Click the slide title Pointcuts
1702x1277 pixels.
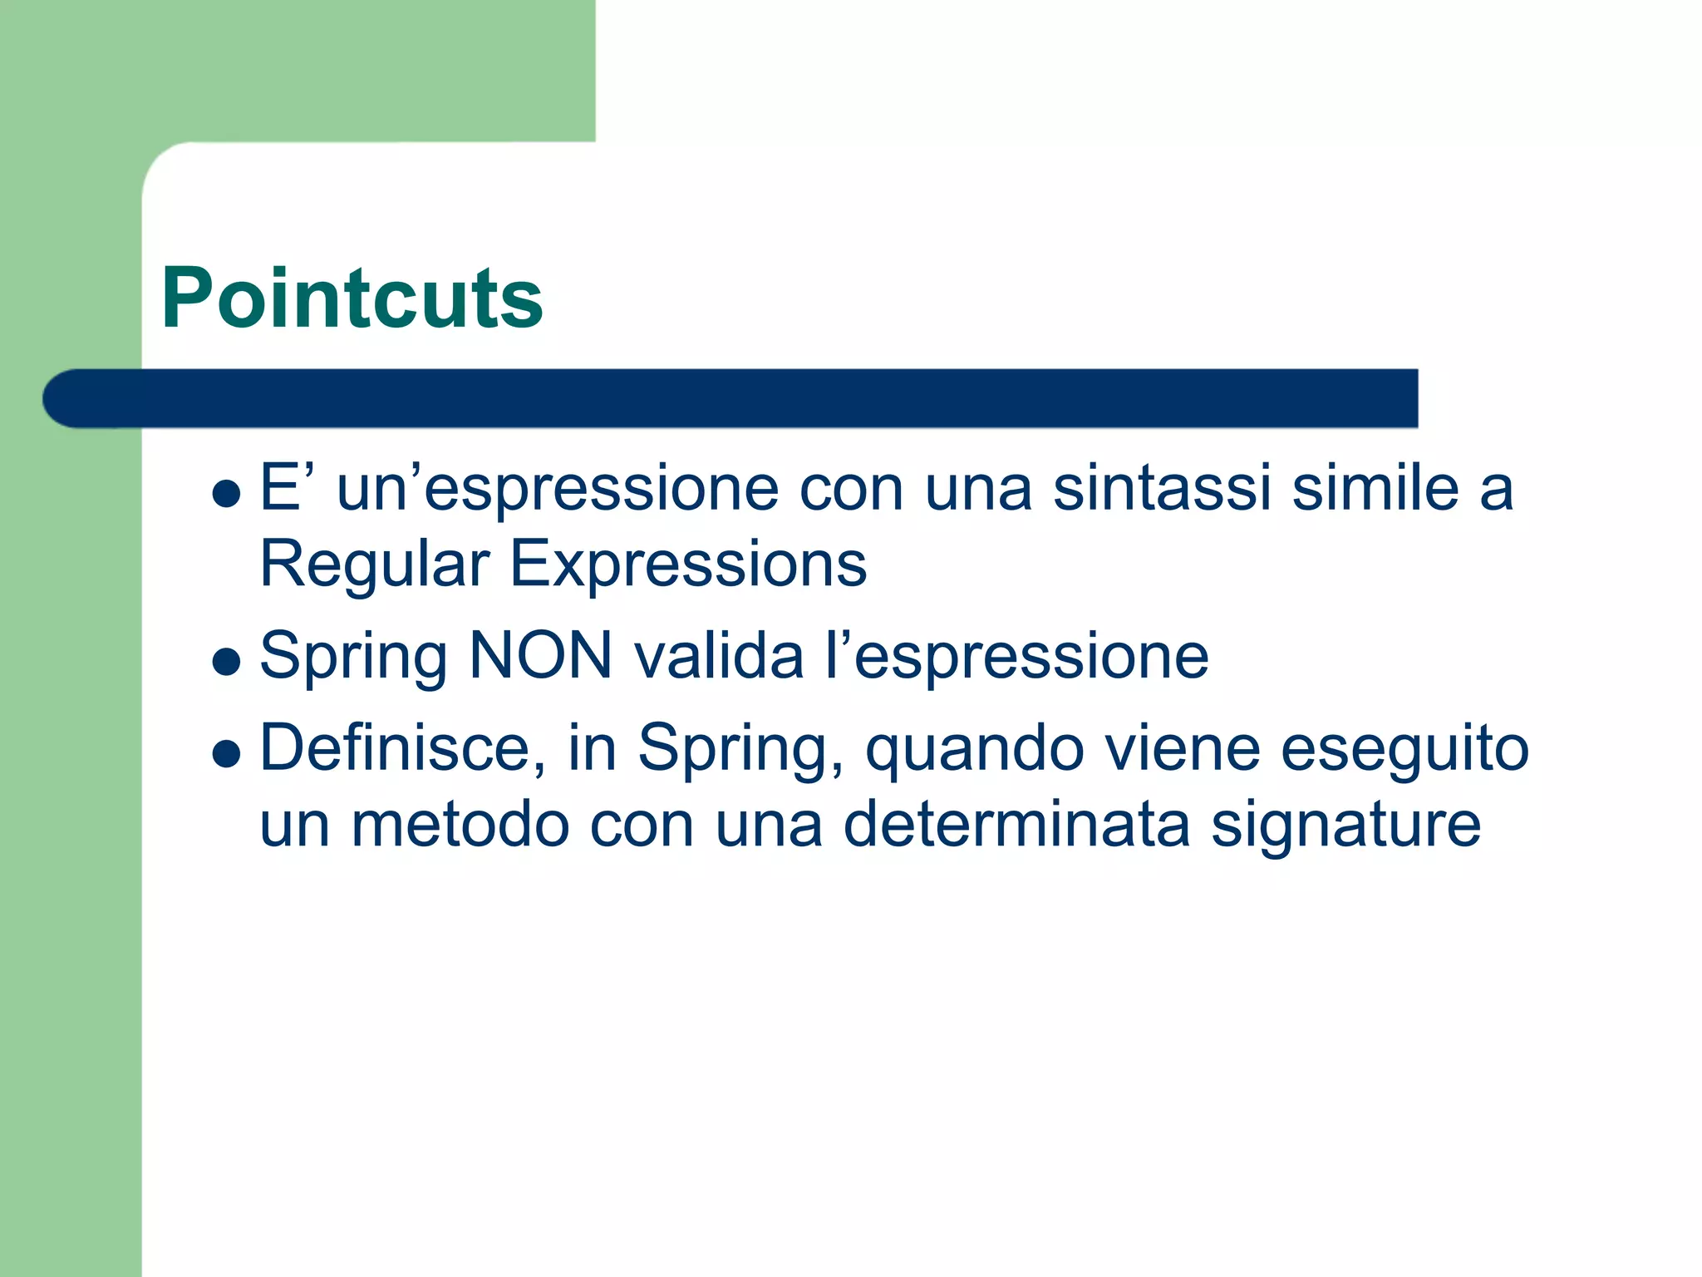point(352,298)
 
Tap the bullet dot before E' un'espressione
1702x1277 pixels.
point(226,494)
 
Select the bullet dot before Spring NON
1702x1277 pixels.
point(226,662)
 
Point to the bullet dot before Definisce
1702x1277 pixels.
point(226,754)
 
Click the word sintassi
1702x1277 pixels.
point(1162,489)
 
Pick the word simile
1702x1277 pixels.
point(1375,489)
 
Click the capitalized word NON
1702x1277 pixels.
point(541,657)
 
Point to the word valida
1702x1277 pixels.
point(720,657)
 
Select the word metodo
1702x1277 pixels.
point(460,825)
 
